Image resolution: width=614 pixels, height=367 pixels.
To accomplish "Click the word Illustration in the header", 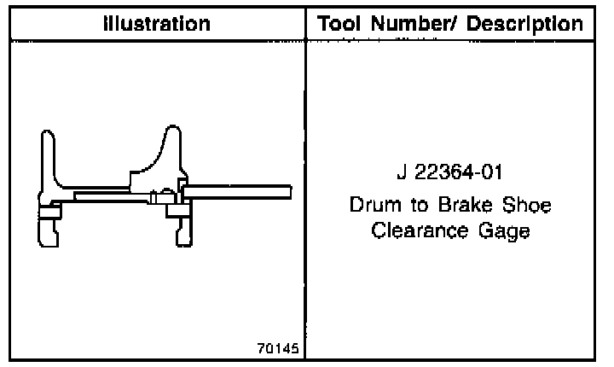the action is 157,24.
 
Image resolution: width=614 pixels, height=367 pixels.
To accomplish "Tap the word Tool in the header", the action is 339,24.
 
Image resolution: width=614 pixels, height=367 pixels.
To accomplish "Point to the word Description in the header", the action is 524,24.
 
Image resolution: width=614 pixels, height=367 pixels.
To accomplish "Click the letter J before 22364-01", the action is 402,172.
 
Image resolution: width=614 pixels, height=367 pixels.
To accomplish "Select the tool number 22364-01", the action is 458,172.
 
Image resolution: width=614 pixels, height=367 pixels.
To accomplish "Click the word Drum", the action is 375,205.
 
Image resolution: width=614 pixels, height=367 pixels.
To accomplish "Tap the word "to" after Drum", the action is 420,206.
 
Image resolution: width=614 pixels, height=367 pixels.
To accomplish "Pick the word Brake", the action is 466,205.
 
